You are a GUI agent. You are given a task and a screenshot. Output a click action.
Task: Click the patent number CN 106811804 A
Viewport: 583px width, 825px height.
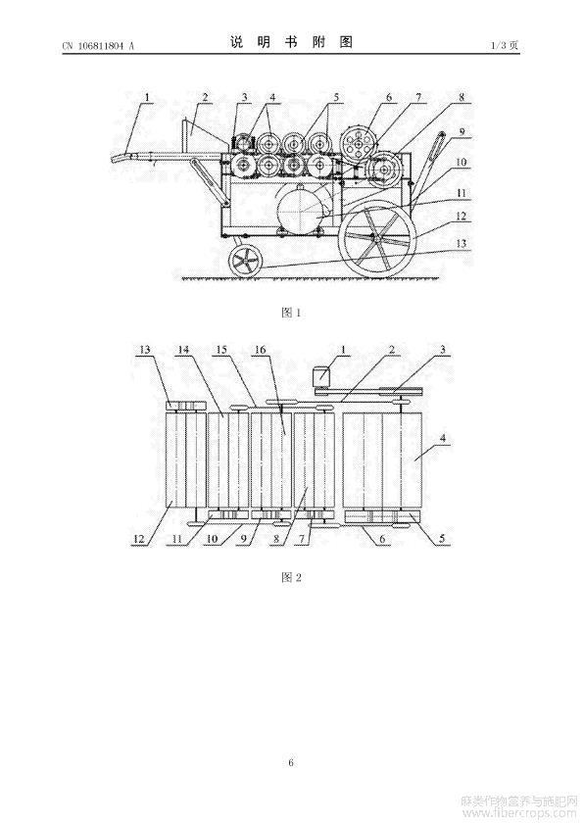pos(98,46)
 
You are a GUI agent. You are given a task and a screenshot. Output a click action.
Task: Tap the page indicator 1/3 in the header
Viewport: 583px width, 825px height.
pos(498,45)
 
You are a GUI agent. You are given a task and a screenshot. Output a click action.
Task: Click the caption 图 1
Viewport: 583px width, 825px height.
pos(291,313)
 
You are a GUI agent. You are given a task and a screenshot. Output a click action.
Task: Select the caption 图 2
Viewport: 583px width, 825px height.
pos(291,577)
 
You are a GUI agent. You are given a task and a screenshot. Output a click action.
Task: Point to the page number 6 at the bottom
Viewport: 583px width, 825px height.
pos(291,762)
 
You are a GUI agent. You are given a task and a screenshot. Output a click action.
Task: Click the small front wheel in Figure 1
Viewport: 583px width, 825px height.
pos(245,261)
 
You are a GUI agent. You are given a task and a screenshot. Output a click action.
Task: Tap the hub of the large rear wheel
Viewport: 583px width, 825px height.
pos(378,237)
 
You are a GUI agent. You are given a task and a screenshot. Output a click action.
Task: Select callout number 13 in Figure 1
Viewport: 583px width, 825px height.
pos(461,244)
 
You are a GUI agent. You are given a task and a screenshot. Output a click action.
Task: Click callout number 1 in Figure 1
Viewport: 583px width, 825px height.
pos(147,97)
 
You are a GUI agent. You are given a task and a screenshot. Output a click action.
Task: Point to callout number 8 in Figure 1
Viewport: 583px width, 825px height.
pos(461,97)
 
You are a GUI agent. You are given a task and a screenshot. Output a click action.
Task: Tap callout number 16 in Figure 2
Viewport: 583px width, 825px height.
pos(261,350)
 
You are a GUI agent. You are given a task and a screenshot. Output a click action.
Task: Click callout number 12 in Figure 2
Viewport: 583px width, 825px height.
pos(139,538)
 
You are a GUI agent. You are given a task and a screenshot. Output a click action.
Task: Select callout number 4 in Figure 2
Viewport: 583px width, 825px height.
pos(443,438)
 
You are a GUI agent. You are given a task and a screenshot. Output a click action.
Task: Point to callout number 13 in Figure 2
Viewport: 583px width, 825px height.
pos(145,350)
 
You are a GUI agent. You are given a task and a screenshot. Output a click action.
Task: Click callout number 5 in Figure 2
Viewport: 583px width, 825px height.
pos(442,538)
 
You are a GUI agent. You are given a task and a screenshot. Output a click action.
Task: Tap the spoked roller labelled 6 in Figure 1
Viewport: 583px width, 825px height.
pos(359,143)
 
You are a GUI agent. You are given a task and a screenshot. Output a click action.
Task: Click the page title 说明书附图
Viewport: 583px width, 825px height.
pos(292,42)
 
